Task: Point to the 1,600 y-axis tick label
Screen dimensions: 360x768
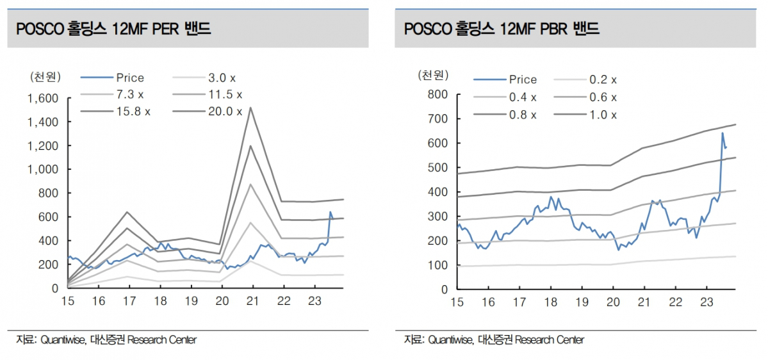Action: (43, 98)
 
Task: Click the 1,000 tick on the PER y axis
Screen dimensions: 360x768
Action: (43, 170)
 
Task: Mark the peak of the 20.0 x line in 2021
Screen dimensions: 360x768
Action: (250, 107)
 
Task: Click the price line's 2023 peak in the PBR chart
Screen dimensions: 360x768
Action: (723, 133)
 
